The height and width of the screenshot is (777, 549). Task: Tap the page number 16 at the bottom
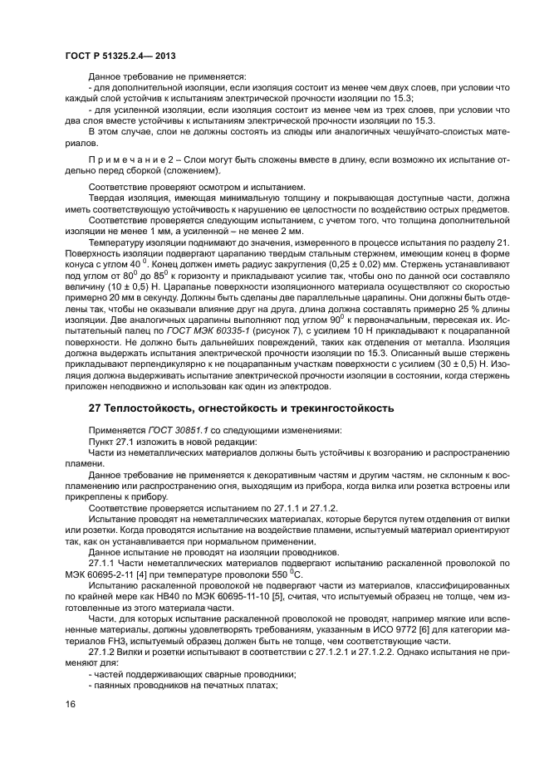point(70,705)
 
